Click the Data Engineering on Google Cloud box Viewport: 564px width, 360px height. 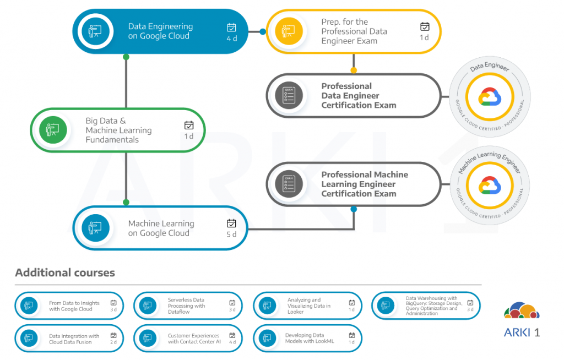point(160,31)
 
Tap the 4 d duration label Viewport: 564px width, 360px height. point(231,39)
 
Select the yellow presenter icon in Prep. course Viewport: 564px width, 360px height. point(289,31)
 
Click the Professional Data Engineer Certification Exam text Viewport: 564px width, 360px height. point(359,96)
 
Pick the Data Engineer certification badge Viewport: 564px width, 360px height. point(490,97)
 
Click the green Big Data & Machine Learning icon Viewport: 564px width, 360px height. point(53,130)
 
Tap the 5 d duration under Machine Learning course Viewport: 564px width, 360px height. point(231,235)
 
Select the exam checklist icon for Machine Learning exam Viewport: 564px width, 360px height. point(289,183)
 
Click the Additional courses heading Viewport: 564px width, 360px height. point(65,272)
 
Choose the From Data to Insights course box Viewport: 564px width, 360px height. point(69,306)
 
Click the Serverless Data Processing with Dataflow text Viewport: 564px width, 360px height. point(186,306)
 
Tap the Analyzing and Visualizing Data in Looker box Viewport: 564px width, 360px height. point(307,306)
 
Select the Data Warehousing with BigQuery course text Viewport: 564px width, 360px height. point(433,306)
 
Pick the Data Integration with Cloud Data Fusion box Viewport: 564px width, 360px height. point(69,339)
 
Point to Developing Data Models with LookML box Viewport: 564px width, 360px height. point(307,339)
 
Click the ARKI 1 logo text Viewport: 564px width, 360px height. point(522,332)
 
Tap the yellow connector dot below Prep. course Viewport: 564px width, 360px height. point(354,70)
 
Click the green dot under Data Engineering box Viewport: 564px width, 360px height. point(126,57)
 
